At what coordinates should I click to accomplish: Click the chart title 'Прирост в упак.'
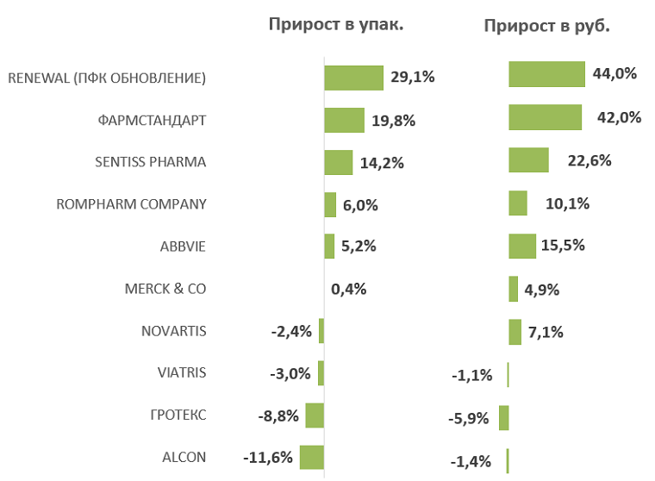click(x=336, y=24)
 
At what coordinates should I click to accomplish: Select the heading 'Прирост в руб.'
click(x=547, y=26)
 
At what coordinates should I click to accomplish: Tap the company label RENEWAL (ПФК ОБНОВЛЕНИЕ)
click(x=107, y=78)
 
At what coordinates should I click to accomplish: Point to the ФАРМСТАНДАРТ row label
click(x=153, y=120)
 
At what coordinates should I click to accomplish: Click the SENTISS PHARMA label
click(x=151, y=162)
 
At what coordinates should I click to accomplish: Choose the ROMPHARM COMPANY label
click(x=131, y=204)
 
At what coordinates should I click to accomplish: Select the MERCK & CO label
click(x=165, y=289)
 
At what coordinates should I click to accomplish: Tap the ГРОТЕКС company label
click(x=178, y=415)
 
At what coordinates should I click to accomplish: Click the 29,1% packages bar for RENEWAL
click(x=353, y=78)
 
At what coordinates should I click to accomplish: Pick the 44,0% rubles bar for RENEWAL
click(x=546, y=74)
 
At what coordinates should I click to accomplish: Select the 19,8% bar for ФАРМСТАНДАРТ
click(x=344, y=120)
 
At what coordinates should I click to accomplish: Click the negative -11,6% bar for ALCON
click(x=311, y=457)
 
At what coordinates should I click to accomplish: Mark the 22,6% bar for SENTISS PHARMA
click(x=528, y=159)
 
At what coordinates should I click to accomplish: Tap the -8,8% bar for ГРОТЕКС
click(x=315, y=415)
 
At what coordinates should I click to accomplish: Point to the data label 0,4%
click(x=349, y=289)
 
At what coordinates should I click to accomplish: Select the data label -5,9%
click(x=470, y=419)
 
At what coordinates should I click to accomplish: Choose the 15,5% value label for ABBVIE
click(x=564, y=245)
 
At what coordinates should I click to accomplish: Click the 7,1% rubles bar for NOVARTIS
click(x=515, y=332)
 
